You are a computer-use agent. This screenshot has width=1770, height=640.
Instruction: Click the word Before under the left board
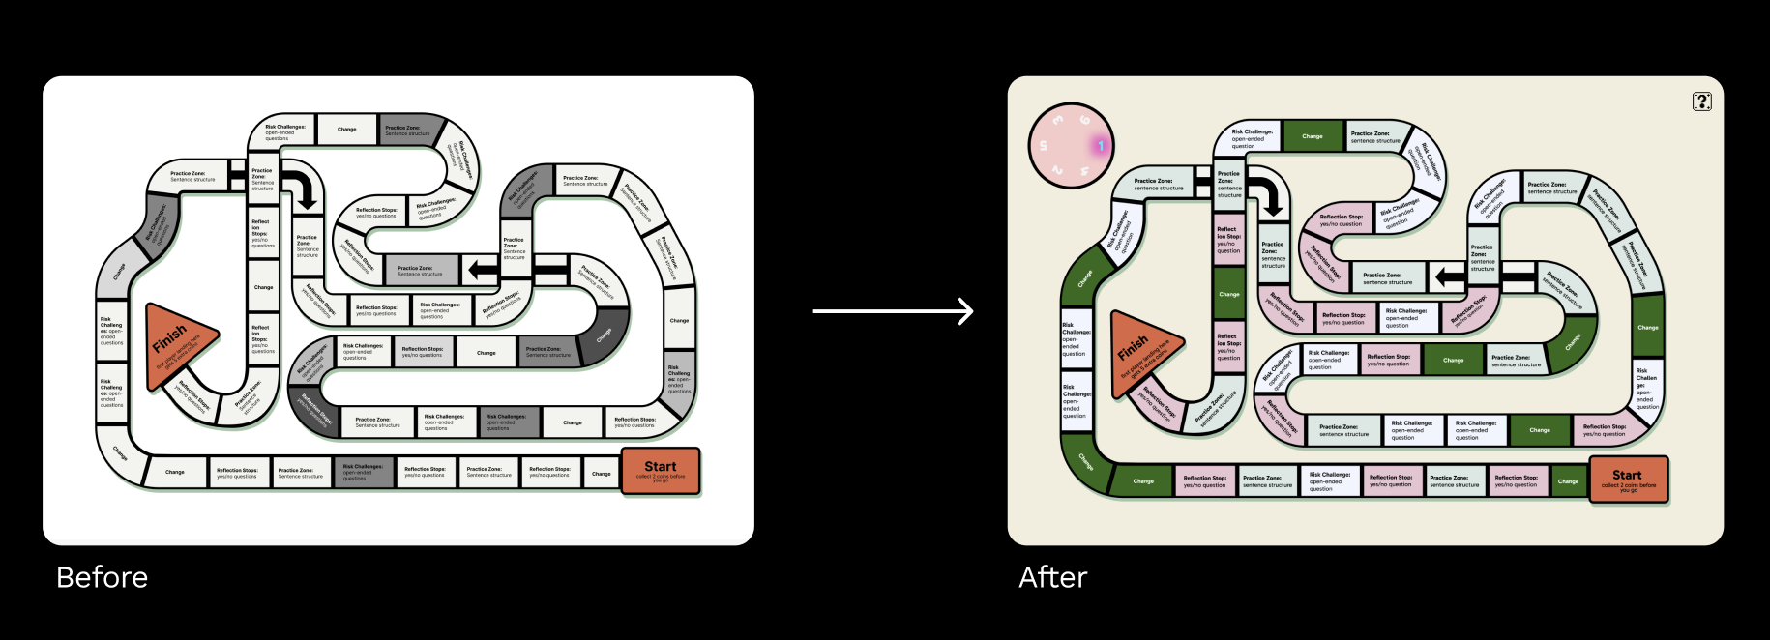pyautogui.click(x=102, y=577)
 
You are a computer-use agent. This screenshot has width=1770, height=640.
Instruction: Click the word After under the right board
pyautogui.click(x=1052, y=577)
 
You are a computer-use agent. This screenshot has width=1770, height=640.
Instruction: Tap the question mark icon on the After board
pyautogui.click(x=1701, y=102)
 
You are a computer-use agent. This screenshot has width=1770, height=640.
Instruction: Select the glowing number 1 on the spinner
pyautogui.click(x=1101, y=146)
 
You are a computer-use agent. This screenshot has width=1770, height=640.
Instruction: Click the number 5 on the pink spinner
pyautogui.click(x=1043, y=146)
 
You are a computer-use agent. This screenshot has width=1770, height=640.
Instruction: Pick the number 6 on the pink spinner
pyautogui.click(x=1085, y=121)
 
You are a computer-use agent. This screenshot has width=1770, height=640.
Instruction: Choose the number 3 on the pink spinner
pyautogui.click(x=1058, y=120)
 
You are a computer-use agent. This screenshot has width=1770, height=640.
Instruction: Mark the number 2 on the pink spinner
pyautogui.click(x=1057, y=171)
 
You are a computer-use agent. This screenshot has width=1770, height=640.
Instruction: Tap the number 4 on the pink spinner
pyautogui.click(x=1085, y=171)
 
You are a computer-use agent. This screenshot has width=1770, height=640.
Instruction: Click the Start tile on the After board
pyautogui.click(x=1628, y=480)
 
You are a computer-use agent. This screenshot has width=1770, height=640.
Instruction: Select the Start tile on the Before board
pyautogui.click(x=660, y=471)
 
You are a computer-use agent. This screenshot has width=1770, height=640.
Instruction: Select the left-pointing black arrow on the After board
pyautogui.click(x=1449, y=277)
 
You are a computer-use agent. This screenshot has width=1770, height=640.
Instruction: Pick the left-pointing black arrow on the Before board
pyautogui.click(x=481, y=270)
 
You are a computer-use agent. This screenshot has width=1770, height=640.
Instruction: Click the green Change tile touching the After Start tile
pyautogui.click(x=1568, y=480)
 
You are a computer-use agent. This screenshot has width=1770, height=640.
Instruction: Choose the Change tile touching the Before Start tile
pyautogui.click(x=601, y=473)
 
